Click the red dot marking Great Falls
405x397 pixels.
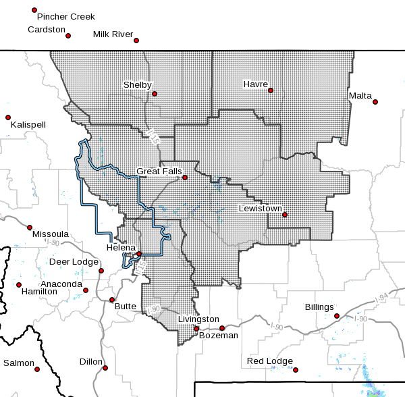click(x=184, y=178)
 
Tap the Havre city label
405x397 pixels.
click(x=256, y=84)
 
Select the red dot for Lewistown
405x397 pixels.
click(x=285, y=215)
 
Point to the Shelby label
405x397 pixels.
click(x=137, y=85)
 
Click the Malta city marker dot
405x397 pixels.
click(x=375, y=102)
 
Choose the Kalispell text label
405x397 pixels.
click(x=28, y=125)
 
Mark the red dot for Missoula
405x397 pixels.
click(x=30, y=227)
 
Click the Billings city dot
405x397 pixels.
click(x=337, y=315)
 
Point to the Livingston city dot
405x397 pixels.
click(x=196, y=329)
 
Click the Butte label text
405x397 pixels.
click(x=124, y=306)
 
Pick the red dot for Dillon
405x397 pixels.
click(x=106, y=368)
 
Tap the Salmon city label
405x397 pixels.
click(x=18, y=363)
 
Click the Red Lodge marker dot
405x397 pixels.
click(x=296, y=369)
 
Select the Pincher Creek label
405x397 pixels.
click(x=66, y=16)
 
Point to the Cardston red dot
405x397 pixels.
click(x=68, y=35)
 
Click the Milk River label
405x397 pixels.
click(x=114, y=34)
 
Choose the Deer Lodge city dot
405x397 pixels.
click(x=101, y=271)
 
